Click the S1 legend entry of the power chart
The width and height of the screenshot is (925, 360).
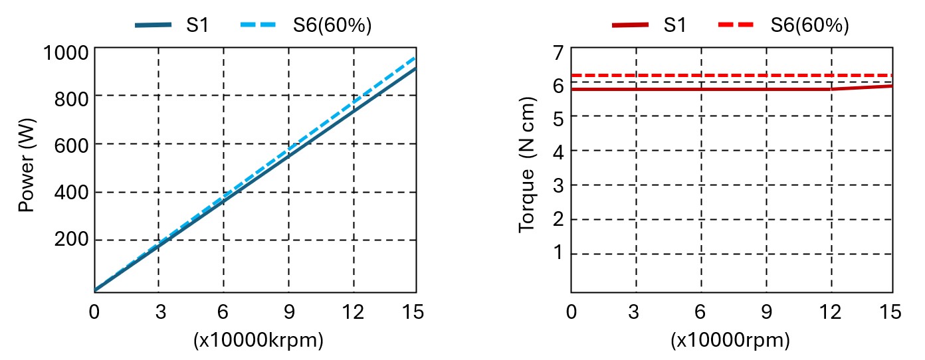click(174, 26)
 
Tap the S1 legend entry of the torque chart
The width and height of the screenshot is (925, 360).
click(651, 26)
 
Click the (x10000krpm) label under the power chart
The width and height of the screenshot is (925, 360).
click(258, 341)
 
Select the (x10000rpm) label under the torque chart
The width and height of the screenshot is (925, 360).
click(731, 341)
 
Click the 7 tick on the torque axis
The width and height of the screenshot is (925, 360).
click(558, 52)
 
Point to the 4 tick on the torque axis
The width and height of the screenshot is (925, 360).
click(558, 151)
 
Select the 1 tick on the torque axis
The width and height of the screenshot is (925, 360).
click(558, 253)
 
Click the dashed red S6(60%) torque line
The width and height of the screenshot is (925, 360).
click(731, 75)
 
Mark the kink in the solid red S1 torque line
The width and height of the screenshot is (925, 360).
click(831, 89)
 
